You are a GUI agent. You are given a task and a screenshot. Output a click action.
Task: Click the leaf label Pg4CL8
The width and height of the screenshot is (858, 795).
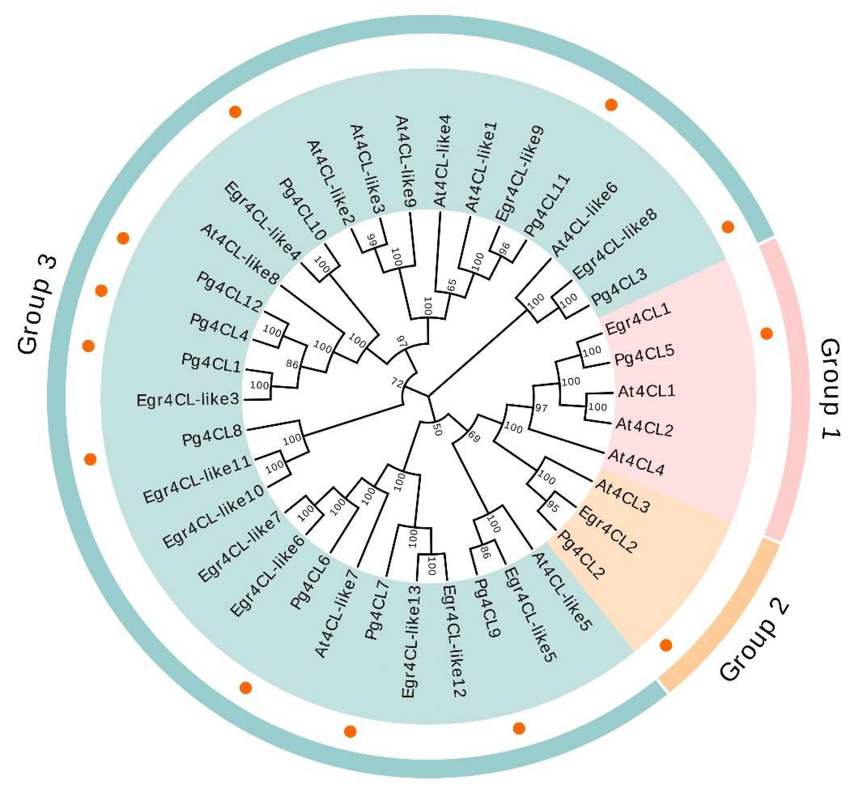pos(212,437)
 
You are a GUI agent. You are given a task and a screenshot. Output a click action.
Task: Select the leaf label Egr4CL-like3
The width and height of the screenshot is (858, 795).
pos(188,400)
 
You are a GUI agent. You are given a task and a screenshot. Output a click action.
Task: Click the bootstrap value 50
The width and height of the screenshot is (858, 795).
pos(438,429)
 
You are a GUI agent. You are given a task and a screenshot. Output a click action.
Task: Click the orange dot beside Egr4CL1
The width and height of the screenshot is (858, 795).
pos(766,333)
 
